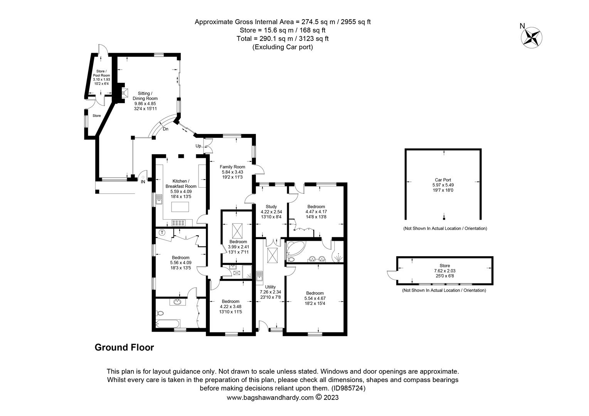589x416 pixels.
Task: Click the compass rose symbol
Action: coord(532,38)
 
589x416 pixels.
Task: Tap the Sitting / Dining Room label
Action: coord(145,96)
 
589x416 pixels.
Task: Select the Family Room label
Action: coord(232,167)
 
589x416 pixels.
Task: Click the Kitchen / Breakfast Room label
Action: coord(181,184)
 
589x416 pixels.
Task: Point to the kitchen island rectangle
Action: coord(180,207)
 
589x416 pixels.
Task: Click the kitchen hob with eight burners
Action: coord(178,223)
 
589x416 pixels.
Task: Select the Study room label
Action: coord(271,206)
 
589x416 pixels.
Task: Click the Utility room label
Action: coord(270,287)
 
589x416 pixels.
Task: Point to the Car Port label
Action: coord(443,180)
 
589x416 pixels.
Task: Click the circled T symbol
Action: coord(162,233)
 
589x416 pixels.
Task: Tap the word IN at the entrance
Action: coord(143,181)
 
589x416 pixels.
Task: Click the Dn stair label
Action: coord(165,129)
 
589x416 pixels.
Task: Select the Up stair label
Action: coord(198,146)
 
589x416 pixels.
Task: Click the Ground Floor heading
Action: coord(125,347)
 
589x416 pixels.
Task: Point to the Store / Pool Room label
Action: coord(101,73)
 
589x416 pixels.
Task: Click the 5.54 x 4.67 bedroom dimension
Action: coord(315,298)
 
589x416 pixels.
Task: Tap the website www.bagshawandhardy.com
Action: coord(270,398)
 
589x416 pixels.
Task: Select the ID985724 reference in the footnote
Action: coord(348,388)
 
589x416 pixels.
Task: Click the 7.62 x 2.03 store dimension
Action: coord(445,271)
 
